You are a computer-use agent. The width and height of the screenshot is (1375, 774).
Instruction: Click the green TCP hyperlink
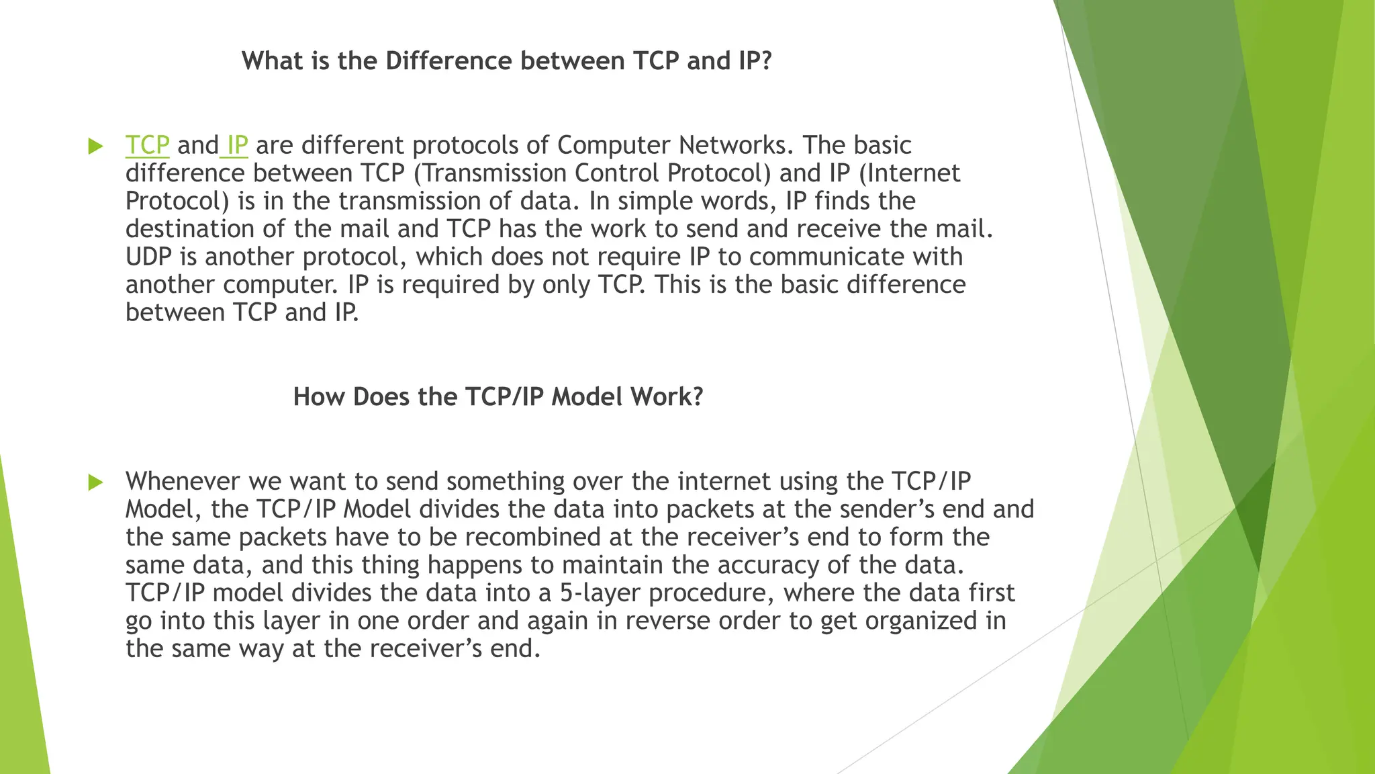click(147, 145)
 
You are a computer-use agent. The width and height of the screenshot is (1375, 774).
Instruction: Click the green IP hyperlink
click(237, 145)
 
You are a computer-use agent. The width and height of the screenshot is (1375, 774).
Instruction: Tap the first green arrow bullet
click(96, 146)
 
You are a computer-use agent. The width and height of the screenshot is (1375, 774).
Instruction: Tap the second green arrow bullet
click(96, 482)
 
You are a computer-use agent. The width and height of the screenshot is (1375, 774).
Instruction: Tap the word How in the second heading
click(319, 397)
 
